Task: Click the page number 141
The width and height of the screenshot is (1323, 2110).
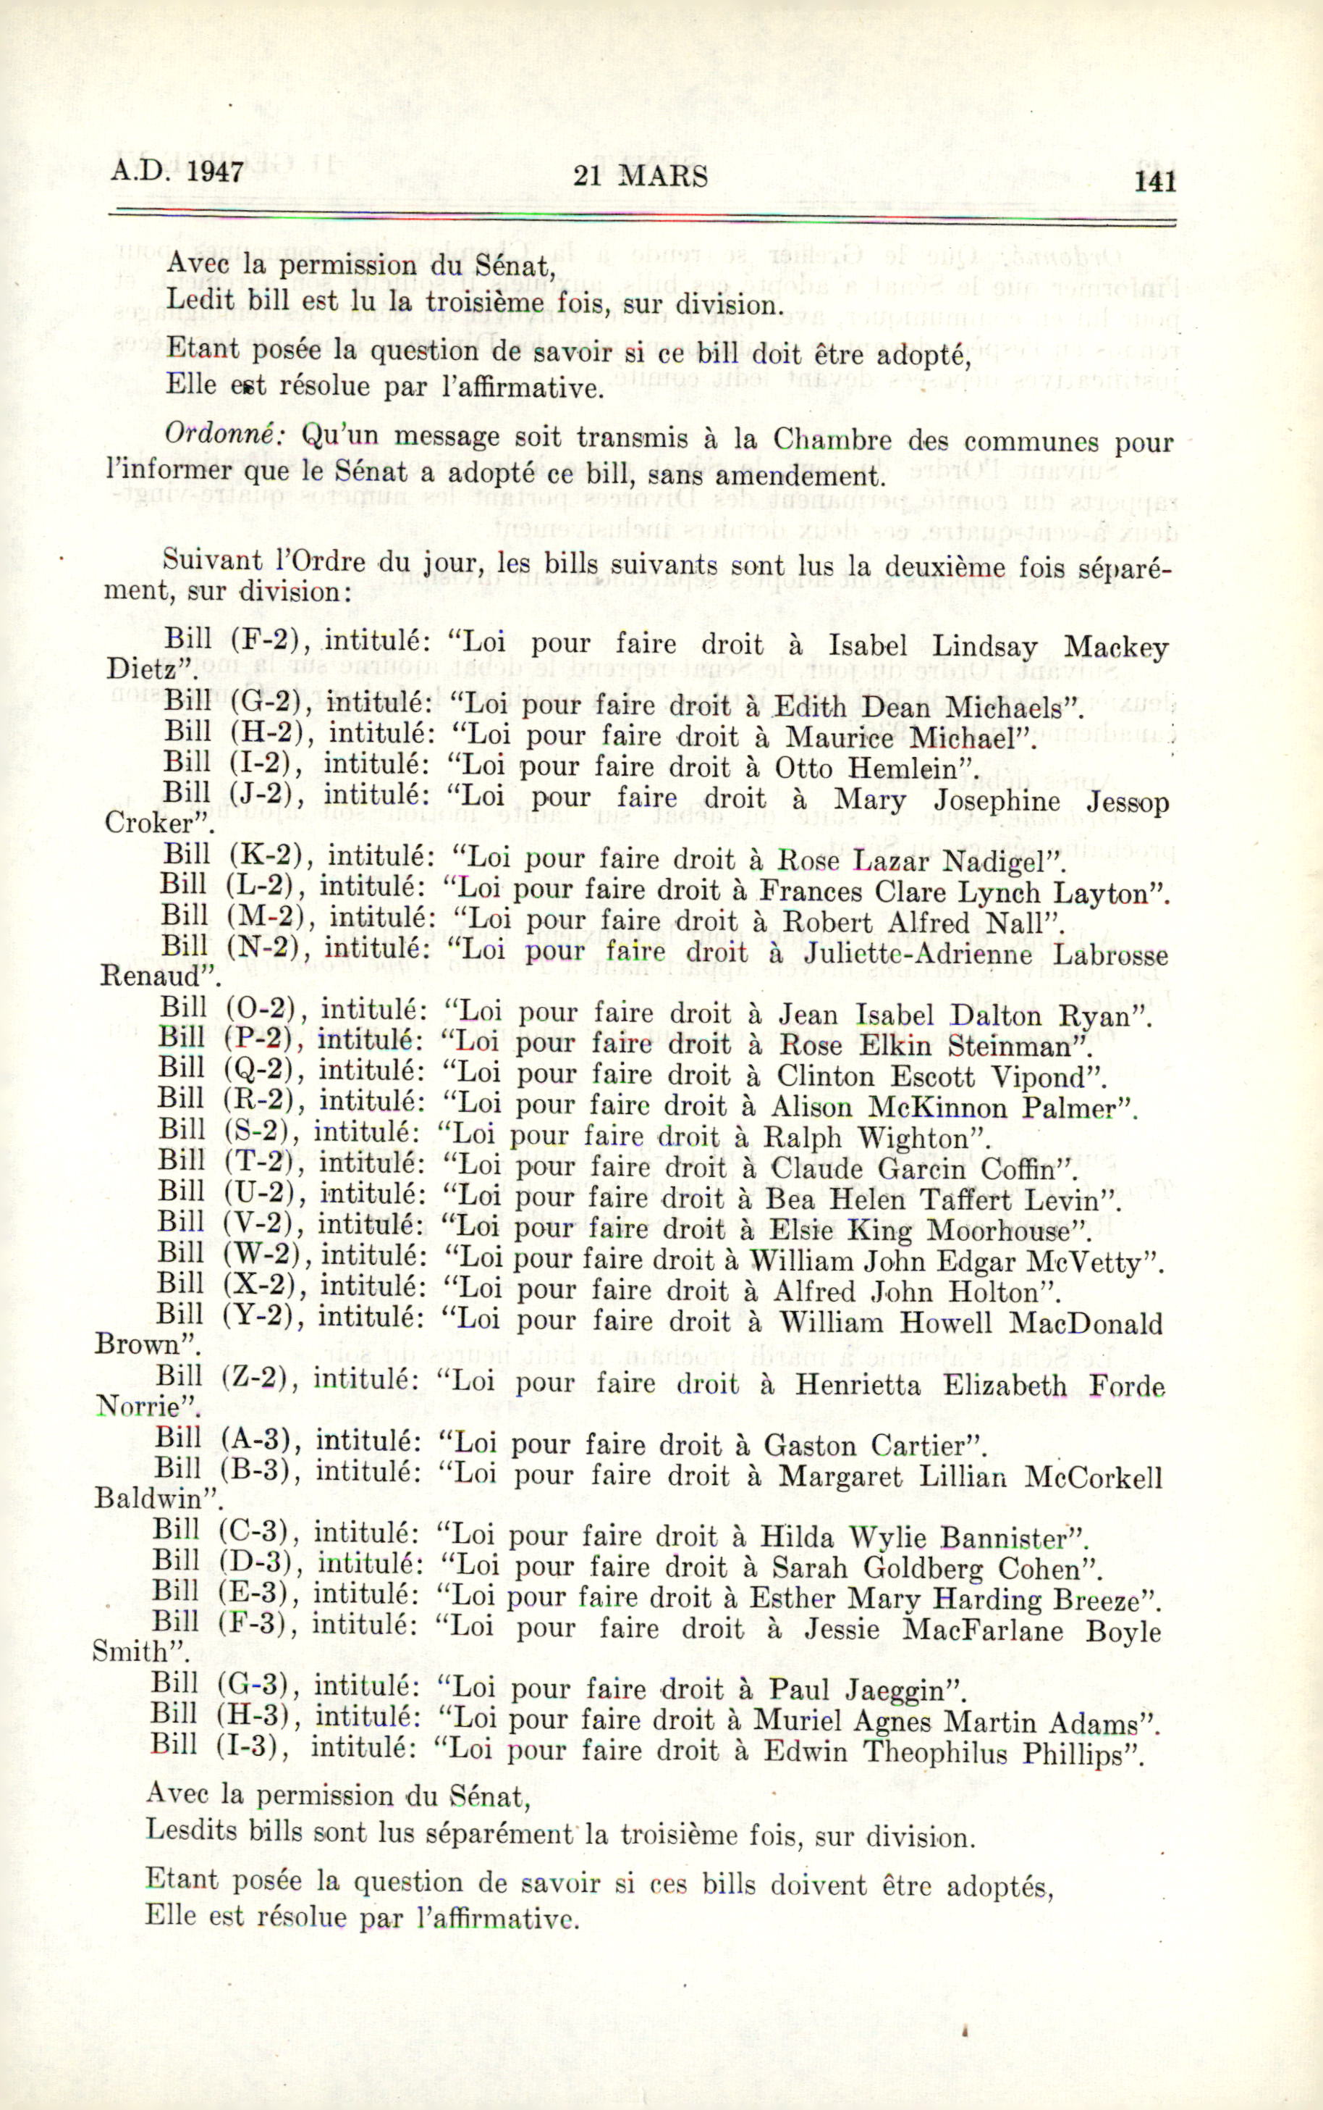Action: coord(1155,181)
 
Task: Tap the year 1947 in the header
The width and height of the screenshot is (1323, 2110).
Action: coord(214,171)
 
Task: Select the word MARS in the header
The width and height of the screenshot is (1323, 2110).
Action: coord(662,177)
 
